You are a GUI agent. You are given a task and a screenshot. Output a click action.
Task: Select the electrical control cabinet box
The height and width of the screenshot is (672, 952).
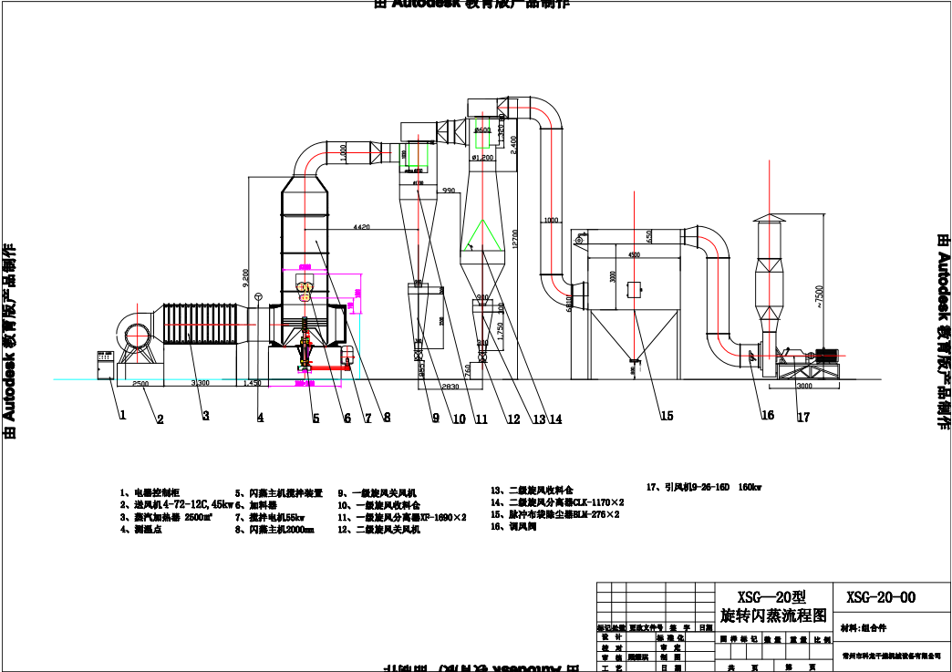105,365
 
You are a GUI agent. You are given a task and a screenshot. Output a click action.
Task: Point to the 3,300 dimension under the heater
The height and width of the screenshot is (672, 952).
200,384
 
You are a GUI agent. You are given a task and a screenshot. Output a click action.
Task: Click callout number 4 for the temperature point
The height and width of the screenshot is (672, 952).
260,419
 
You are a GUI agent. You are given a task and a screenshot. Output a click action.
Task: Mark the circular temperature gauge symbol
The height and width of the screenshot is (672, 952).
259,296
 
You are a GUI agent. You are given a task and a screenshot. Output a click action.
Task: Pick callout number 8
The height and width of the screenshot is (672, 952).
387,419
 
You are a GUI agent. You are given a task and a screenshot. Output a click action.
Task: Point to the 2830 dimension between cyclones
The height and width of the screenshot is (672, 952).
450,388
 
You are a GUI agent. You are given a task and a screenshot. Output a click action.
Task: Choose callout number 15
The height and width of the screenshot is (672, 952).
667,416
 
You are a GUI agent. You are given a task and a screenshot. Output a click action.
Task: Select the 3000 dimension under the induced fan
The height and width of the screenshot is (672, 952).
803,387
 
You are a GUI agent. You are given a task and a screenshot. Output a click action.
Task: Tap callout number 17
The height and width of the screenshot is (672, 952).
802,419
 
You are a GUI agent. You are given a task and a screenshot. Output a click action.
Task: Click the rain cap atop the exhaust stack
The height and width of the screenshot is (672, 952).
768,220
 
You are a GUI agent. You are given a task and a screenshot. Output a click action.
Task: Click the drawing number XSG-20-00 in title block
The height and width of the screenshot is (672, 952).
881,597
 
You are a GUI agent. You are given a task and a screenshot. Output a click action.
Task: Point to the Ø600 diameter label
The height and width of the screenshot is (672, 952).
484,130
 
